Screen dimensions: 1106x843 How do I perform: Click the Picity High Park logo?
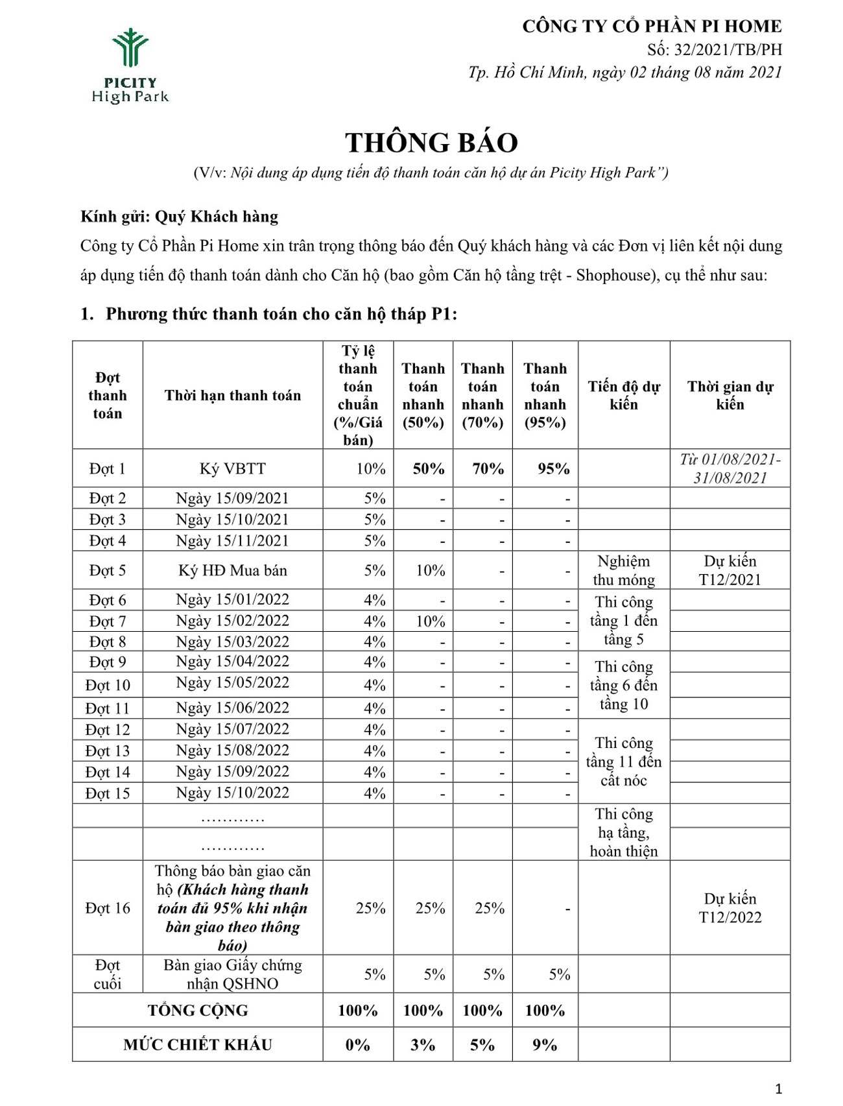[130, 66]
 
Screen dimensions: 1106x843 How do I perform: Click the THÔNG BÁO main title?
[431, 143]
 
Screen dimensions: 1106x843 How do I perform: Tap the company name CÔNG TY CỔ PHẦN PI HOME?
[652, 27]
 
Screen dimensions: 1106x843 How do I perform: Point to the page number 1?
[779, 1088]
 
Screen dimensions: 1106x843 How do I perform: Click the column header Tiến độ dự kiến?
[623, 395]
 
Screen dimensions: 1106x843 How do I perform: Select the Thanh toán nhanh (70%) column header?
[482, 395]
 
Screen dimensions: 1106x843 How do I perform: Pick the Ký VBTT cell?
[232, 468]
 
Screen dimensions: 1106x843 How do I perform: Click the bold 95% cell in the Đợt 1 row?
[553, 468]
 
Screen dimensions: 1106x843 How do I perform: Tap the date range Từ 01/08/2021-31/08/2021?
[730, 468]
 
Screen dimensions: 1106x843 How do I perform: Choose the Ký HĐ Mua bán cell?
[232, 570]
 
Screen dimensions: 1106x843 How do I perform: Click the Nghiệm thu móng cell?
[623, 570]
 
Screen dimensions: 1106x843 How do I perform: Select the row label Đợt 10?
[108, 685]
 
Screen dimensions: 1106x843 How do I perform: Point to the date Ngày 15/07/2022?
[232, 729]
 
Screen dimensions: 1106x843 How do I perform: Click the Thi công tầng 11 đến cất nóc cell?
[623, 761]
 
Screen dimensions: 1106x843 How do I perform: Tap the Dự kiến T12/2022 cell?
[730, 908]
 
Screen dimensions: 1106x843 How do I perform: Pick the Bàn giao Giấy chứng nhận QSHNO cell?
[232, 974]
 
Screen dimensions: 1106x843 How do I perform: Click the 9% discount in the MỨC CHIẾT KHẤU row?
[545, 1044]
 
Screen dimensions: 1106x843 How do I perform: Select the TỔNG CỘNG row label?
[198, 1010]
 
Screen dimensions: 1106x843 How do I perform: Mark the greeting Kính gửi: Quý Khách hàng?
[180, 217]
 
